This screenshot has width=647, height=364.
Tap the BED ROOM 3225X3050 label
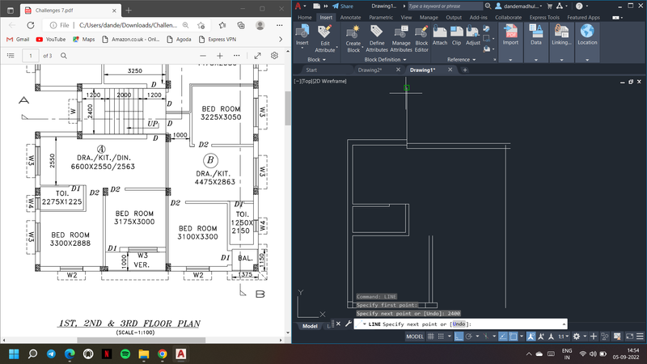point(221,112)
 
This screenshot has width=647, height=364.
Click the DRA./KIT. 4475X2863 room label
point(214,177)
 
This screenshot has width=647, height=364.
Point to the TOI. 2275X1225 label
point(61,197)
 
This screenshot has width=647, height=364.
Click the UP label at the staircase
point(153,124)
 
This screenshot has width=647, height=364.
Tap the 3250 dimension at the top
point(135,70)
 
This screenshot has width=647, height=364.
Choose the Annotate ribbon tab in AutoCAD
point(351,17)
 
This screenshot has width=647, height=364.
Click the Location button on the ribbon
point(587,36)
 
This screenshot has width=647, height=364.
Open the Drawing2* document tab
point(370,70)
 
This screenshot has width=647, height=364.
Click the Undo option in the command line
point(459,324)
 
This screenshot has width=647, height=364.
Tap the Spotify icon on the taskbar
point(125,354)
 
